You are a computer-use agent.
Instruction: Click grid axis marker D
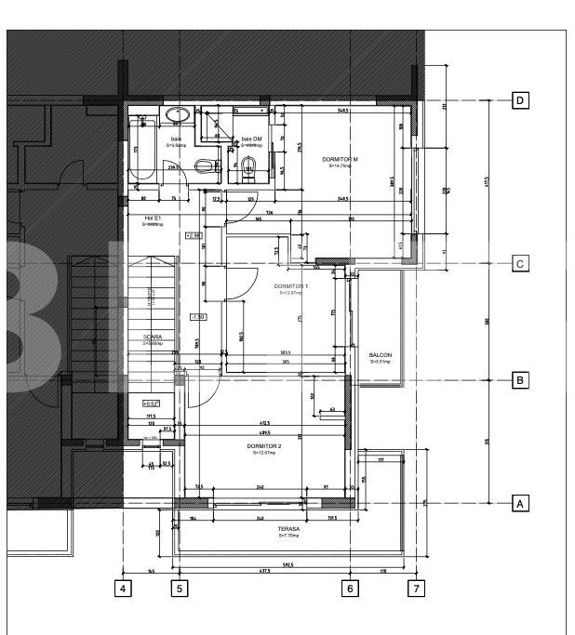521,99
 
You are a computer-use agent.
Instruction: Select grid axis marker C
521,264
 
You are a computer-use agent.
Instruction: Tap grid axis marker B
521,379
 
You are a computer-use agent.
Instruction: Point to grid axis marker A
521,503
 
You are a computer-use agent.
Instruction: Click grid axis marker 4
122,588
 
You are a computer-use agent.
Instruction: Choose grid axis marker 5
181,588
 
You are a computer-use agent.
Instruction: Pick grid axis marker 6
350,588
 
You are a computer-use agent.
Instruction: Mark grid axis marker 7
417,588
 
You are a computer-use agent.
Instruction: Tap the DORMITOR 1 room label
291,286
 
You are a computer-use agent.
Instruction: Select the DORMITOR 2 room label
264,446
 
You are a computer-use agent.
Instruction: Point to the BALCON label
381,355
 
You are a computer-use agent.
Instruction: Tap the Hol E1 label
153,218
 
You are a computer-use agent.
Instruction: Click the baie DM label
251,139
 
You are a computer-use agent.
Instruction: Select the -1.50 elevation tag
197,317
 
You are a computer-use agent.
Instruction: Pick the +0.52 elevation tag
152,403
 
